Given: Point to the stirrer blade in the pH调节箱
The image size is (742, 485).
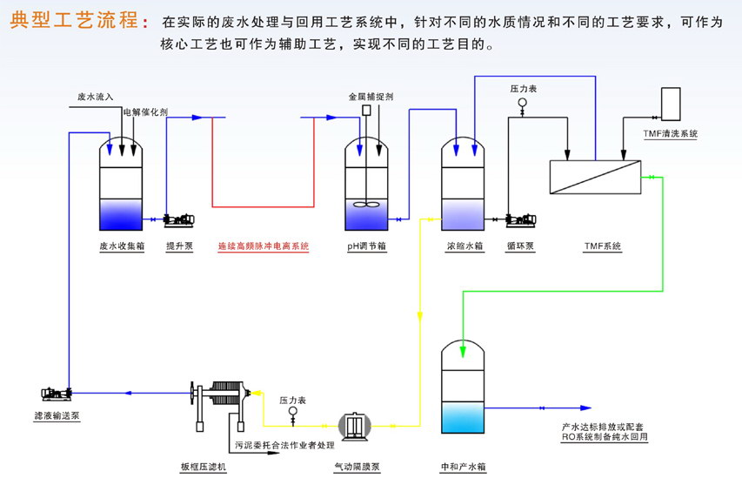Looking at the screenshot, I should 367,207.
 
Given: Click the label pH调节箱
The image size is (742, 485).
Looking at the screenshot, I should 367,246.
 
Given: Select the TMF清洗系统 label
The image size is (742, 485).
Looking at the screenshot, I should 671,133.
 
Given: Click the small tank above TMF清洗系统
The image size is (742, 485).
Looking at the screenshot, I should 671,104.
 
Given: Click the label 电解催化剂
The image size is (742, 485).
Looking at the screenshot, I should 145,111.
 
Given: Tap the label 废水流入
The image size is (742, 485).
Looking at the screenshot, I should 96,97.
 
